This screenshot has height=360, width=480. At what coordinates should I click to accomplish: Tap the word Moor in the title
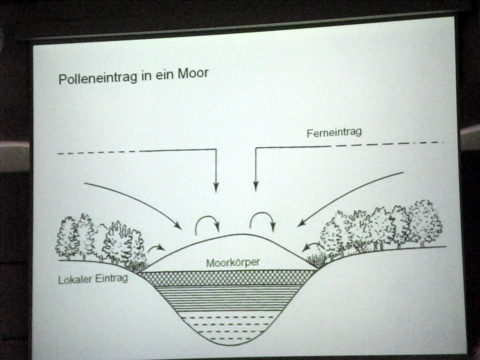tap(192, 74)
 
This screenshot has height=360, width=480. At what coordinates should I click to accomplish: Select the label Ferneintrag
tap(334, 133)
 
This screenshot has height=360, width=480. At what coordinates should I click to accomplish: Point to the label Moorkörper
tap(232, 262)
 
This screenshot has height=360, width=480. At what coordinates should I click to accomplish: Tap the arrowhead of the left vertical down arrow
tap(216, 187)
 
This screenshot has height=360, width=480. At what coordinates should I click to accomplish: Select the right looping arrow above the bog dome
tap(262, 220)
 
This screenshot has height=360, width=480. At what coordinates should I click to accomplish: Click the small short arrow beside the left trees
tap(157, 247)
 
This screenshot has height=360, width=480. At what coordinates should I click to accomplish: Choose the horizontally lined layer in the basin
tap(228, 298)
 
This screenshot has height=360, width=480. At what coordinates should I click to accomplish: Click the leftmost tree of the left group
tap(67, 237)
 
